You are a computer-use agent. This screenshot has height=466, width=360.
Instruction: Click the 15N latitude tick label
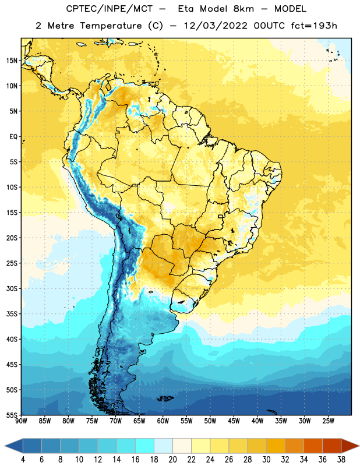(x=12, y=61)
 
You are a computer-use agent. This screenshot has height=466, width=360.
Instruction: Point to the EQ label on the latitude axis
(x=13, y=137)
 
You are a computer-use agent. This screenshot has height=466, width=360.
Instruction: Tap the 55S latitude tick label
(x=12, y=415)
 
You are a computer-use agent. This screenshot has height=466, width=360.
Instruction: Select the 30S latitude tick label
(x=12, y=288)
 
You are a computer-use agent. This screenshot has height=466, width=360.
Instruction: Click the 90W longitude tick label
(x=21, y=421)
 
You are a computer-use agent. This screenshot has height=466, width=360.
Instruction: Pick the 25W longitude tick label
(x=328, y=421)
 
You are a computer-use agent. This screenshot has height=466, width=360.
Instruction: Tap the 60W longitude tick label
(x=163, y=421)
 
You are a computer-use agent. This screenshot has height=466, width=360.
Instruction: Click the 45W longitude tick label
(x=234, y=421)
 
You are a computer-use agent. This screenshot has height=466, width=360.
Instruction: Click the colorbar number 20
(x=172, y=460)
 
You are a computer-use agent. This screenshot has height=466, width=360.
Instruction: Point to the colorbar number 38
(x=341, y=460)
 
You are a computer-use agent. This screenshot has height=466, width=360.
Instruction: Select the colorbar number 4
(x=23, y=460)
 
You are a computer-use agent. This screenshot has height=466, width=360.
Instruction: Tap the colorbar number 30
(x=266, y=460)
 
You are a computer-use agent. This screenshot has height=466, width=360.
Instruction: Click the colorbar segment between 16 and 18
(x=145, y=446)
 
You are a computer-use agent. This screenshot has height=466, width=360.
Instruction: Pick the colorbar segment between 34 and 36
(x=313, y=446)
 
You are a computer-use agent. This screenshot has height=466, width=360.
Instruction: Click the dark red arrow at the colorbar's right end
(x=350, y=446)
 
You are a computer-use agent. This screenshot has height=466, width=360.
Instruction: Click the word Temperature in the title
(x=111, y=26)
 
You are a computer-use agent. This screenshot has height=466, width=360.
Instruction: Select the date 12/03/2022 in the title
(x=216, y=26)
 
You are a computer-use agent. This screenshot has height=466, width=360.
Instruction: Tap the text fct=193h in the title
(x=314, y=26)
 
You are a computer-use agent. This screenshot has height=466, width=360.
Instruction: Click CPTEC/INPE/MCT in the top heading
(x=110, y=9)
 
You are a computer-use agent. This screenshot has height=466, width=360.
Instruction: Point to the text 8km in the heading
(x=243, y=9)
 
